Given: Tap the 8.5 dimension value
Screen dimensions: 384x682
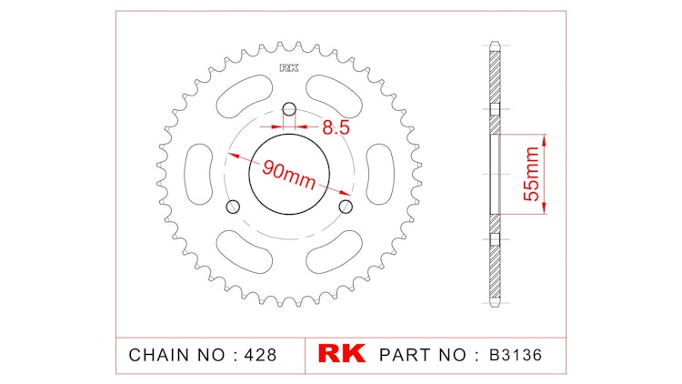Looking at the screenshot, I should click(336, 127).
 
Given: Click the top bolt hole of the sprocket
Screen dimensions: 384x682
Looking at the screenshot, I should click(289, 111).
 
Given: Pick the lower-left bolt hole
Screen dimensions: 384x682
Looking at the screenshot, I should click(233, 206).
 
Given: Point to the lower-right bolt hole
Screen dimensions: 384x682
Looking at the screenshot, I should click(345, 207).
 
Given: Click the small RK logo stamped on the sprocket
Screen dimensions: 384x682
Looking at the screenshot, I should click(288, 68).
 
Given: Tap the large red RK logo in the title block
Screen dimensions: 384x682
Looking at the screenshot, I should click(340, 353).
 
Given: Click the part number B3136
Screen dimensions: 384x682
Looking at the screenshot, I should click(515, 354).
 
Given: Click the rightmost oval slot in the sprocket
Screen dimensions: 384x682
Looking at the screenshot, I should click(379, 173).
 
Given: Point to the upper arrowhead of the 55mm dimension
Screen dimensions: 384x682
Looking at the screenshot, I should click(545, 141).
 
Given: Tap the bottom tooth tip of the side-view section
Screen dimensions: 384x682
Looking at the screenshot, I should click(494, 304).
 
